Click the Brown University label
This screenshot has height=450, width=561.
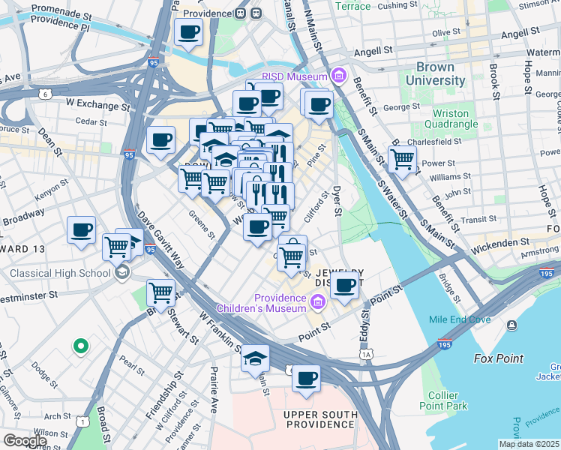(x=435, y=73)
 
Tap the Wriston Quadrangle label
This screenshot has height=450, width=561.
(x=457, y=118)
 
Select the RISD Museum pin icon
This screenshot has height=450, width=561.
(x=337, y=76)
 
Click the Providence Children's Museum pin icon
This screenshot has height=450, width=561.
(x=317, y=302)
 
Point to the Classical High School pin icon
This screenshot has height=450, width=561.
(x=122, y=272)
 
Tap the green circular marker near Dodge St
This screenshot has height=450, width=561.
(x=80, y=346)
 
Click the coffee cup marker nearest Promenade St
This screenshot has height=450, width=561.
(x=188, y=32)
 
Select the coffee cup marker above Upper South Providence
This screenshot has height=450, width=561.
(x=305, y=379)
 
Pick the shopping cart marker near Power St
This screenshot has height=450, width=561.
(x=403, y=159)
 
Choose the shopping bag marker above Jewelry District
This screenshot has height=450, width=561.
(x=292, y=253)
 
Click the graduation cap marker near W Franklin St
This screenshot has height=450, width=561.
(x=255, y=358)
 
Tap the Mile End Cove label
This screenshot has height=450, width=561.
(x=460, y=319)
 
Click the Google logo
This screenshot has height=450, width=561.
(x=24, y=441)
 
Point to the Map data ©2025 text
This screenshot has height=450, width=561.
(x=529, y=444)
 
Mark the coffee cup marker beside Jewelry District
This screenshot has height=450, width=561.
(x=345, y=285)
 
